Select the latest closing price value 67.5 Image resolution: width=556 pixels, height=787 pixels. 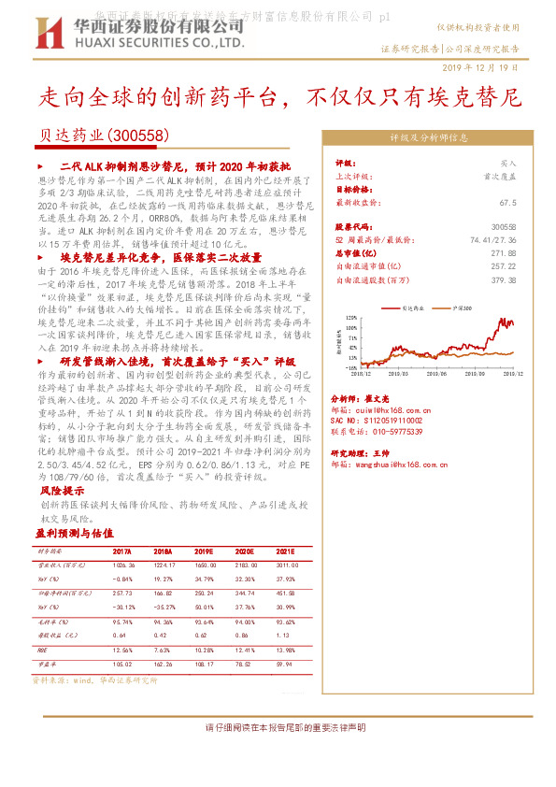[x=507, y=201]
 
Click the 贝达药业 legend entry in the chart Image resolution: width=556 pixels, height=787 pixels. [x=410, y=307]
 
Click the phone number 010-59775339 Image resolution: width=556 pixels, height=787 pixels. [x=408, y=431]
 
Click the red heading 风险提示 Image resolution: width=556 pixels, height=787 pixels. [x=62, y=489]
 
